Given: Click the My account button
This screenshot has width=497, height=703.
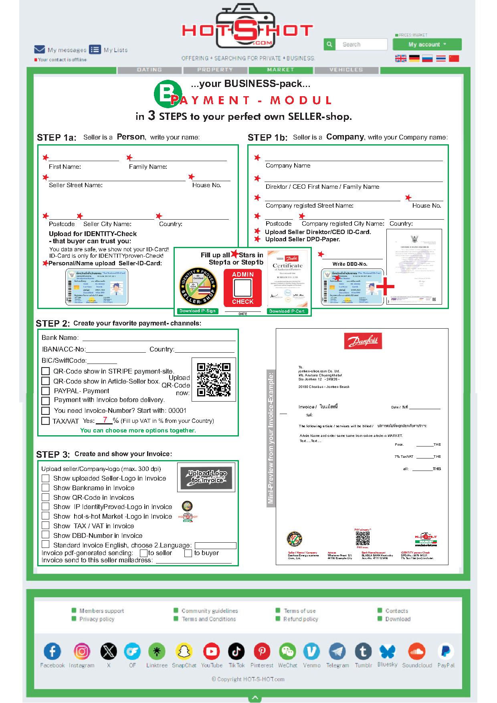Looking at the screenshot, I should click(x=427, y=44).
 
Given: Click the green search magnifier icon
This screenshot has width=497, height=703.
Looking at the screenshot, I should click(x=329, y=44).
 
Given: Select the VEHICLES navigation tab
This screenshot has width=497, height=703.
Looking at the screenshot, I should click(x=346, y=70).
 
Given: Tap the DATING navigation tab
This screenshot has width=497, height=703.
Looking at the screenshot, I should click(x=150, y=70).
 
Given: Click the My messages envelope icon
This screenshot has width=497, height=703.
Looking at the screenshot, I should click(x=39, y=50).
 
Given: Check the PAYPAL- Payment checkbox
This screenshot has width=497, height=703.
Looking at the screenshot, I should click(x=46, y=391).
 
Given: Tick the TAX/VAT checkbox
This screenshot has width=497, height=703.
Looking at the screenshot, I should click(x=46, y=421).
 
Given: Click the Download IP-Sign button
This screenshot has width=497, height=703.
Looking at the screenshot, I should click(x=198, y=311).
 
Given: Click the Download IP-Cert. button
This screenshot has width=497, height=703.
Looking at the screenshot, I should click(x=287, y=311).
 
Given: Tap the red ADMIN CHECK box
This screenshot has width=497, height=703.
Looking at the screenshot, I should click(x=243, y=287).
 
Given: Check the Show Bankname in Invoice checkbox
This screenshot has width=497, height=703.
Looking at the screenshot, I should click(x=46, y=488).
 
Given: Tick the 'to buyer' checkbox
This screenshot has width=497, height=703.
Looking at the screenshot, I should click(x=188, y=554).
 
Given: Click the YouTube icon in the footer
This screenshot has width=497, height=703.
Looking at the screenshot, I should click(x=211, y=652).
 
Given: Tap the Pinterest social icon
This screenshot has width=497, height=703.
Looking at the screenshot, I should click(x=262, y=652).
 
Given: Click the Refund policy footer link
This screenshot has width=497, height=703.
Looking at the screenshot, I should click(x=300, y=619).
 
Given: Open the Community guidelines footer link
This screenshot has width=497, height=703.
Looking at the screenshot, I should click(x=209, y=611).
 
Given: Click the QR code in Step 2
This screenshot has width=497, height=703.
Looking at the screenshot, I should click(x=214, y=380).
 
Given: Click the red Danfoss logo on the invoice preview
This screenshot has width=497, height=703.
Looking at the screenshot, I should click(x=363, y=341).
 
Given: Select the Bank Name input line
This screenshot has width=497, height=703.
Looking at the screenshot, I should click(x=159, y=338).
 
